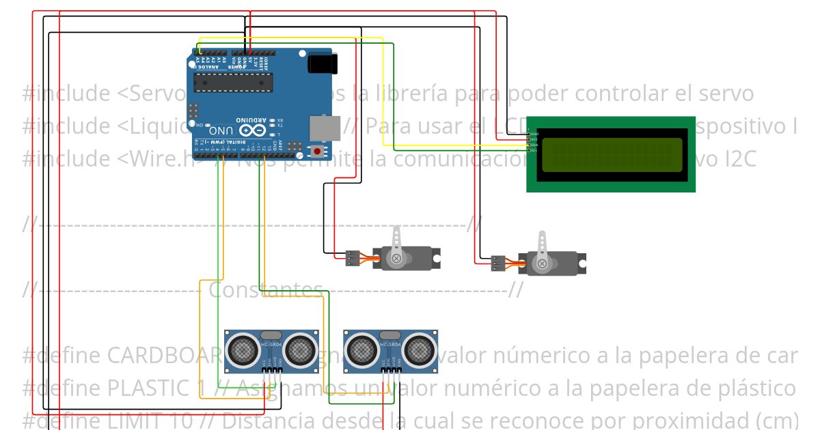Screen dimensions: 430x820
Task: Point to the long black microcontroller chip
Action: (233, 83)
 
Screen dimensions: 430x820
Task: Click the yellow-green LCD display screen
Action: (612, 154)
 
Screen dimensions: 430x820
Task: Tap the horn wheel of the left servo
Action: (396, 258)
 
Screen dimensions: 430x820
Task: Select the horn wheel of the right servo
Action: (542, 263)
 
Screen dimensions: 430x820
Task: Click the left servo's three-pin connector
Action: (353, 258)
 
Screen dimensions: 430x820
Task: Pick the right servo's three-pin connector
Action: (498, 263)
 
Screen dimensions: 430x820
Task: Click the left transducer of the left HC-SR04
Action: (243, 349)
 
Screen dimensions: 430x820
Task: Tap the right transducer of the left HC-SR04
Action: (300, 349)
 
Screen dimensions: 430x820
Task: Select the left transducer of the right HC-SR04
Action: (361, 351)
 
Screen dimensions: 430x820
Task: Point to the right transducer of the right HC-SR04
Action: (418, 351)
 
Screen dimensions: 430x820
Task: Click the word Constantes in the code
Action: (265, 290)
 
